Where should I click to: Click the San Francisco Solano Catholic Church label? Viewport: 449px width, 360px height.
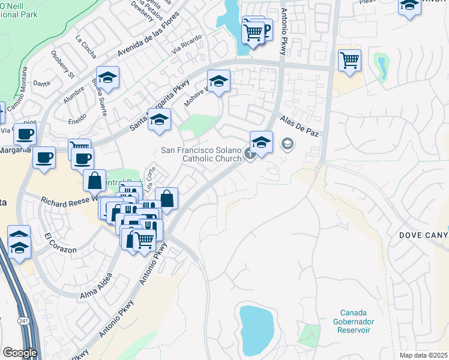(202, 154)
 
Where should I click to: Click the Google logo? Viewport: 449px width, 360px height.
(19, 352)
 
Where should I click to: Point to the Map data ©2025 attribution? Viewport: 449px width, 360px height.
(424, 355)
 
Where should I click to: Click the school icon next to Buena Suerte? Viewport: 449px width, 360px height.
(107, 77)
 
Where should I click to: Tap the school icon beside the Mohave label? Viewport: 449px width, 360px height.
(219, 81)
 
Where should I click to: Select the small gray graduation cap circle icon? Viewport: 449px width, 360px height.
(288, 144)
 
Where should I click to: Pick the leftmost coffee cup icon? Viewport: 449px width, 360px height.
(25, 134)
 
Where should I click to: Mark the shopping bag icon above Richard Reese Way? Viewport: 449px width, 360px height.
(95, 179)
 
